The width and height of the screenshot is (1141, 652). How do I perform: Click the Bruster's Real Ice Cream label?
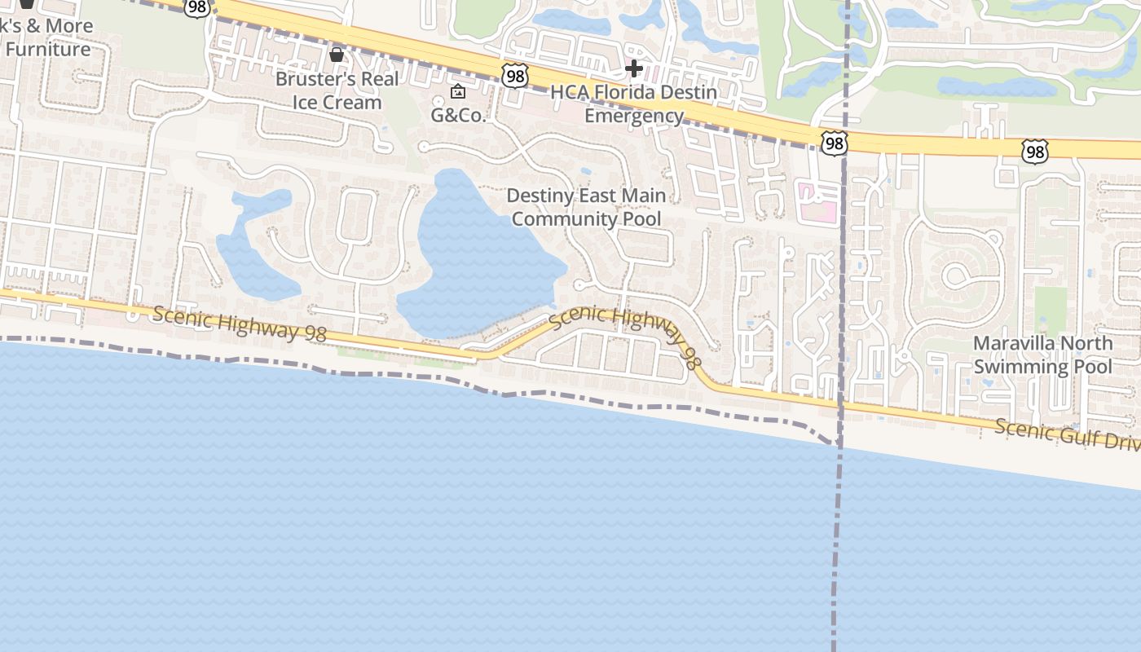point(337,90)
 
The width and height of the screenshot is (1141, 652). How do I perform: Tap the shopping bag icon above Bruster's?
point(336,55)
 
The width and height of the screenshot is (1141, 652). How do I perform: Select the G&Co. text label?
point(458,115)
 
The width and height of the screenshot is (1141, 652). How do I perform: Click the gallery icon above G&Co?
point(458,91)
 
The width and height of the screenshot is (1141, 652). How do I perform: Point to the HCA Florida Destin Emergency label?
point(634,104)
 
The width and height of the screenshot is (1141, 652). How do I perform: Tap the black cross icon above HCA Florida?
point(634,68)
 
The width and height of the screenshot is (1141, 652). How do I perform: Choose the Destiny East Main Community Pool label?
point(586,207)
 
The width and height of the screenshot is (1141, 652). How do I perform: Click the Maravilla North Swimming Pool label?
point(1042,355)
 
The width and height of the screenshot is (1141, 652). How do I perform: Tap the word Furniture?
point(48,50)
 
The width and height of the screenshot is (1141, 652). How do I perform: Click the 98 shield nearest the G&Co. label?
point(515,76)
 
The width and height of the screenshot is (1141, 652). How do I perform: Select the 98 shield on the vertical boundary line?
point(834,144)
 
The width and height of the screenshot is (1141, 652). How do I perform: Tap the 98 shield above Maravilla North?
point(1034,151)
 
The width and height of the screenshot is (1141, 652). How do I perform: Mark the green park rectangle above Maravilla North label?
point(1051,310)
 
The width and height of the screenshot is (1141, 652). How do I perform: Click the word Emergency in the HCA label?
point(634,116)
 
